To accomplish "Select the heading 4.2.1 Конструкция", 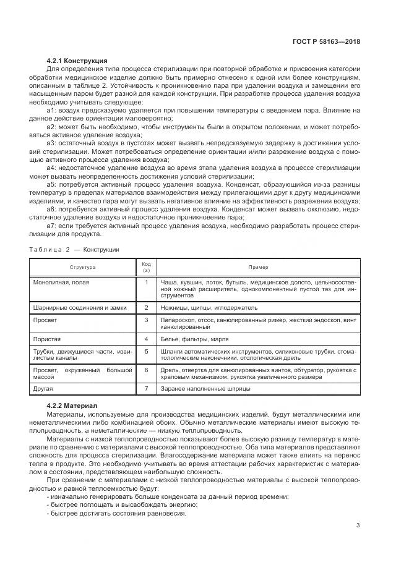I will [77, 61].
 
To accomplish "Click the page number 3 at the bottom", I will [358, 525].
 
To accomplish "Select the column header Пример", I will [258, 267].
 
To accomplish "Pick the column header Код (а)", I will [147, 267].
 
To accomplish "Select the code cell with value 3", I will [147, 320].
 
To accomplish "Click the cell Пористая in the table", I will [46, 339].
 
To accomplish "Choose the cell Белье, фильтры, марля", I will [194, 339].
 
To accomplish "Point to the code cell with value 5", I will [147, 351].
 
